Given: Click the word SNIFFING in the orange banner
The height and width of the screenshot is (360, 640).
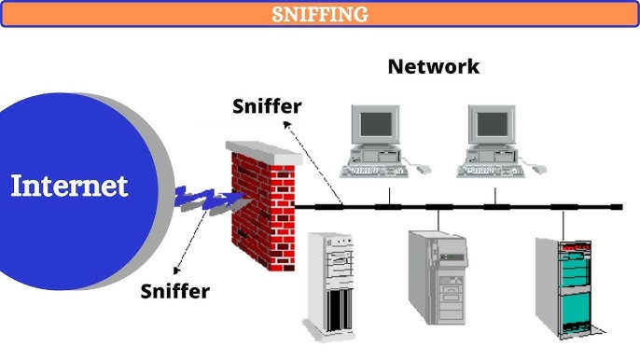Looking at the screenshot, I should [320, 14].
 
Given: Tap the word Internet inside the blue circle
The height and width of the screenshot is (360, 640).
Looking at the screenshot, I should [69, 186].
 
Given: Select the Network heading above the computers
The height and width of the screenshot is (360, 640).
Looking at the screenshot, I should [433, 66].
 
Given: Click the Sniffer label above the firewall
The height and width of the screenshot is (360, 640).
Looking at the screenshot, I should [267, 105].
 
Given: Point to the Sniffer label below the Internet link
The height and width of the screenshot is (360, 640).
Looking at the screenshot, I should [175, 290].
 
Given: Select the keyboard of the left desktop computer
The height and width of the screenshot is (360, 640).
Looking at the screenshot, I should [374, 170].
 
